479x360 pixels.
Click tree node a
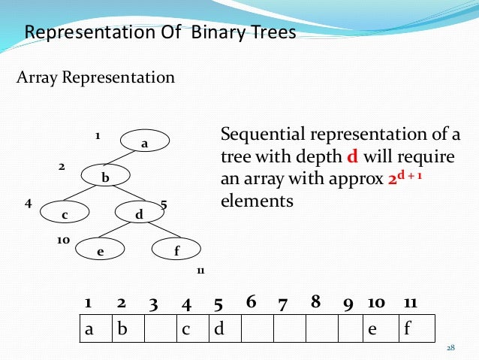coord(145,142)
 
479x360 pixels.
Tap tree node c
coord(65,215)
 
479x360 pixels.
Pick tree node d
coord(139,215)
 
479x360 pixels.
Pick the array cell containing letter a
coord(96,328)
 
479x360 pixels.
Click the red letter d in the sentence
coord(351,159)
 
